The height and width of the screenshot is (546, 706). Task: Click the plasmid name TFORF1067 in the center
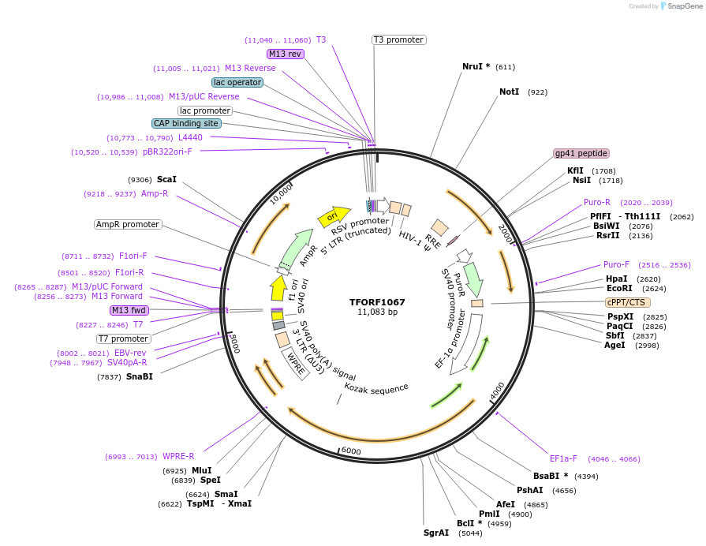[377, 301]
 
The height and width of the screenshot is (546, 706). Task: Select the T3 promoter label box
[398, 39]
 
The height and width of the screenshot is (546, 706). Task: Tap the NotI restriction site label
[510, 92]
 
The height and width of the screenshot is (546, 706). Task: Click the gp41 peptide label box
[581, 153]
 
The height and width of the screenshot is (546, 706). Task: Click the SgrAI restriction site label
[436, 533]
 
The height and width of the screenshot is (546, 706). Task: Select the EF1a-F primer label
[563, 458]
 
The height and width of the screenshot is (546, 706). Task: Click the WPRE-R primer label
[178, 456]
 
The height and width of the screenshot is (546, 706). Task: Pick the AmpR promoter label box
[128, 225]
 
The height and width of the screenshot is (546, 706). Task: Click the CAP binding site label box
[186, 123]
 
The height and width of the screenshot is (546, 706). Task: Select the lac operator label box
[237, 82]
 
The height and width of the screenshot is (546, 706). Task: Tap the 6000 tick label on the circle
[351, 451]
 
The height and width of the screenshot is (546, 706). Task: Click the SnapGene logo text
[683, 6]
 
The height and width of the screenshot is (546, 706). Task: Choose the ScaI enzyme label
[166, 179]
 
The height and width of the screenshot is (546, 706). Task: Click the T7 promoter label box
[123, 338]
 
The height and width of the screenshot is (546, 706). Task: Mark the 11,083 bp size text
[377, 312]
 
